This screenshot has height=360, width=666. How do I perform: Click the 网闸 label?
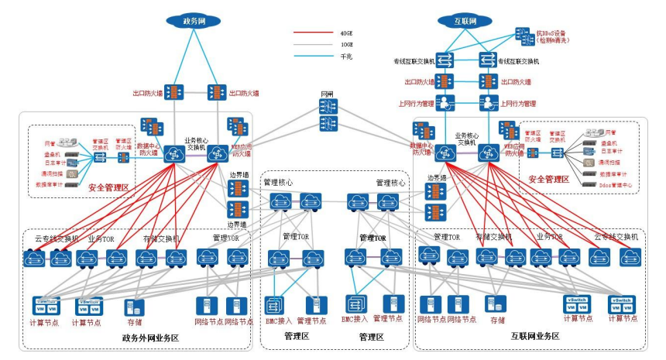click(328, 94)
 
